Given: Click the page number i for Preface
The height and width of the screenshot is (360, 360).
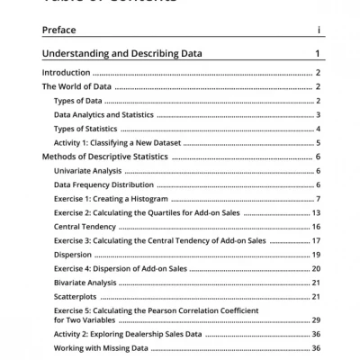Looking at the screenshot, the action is pos(319,30).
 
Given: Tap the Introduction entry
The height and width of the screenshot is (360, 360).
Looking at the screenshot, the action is pos(67,72).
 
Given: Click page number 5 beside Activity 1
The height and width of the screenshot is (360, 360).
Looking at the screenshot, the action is pos(319,142).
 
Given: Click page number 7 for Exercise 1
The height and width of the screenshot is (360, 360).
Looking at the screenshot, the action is pos(319,198).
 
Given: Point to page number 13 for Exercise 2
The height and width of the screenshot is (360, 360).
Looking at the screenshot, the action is pos(317,212).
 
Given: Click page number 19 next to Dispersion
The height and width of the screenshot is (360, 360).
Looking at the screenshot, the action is pos(317,255).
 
